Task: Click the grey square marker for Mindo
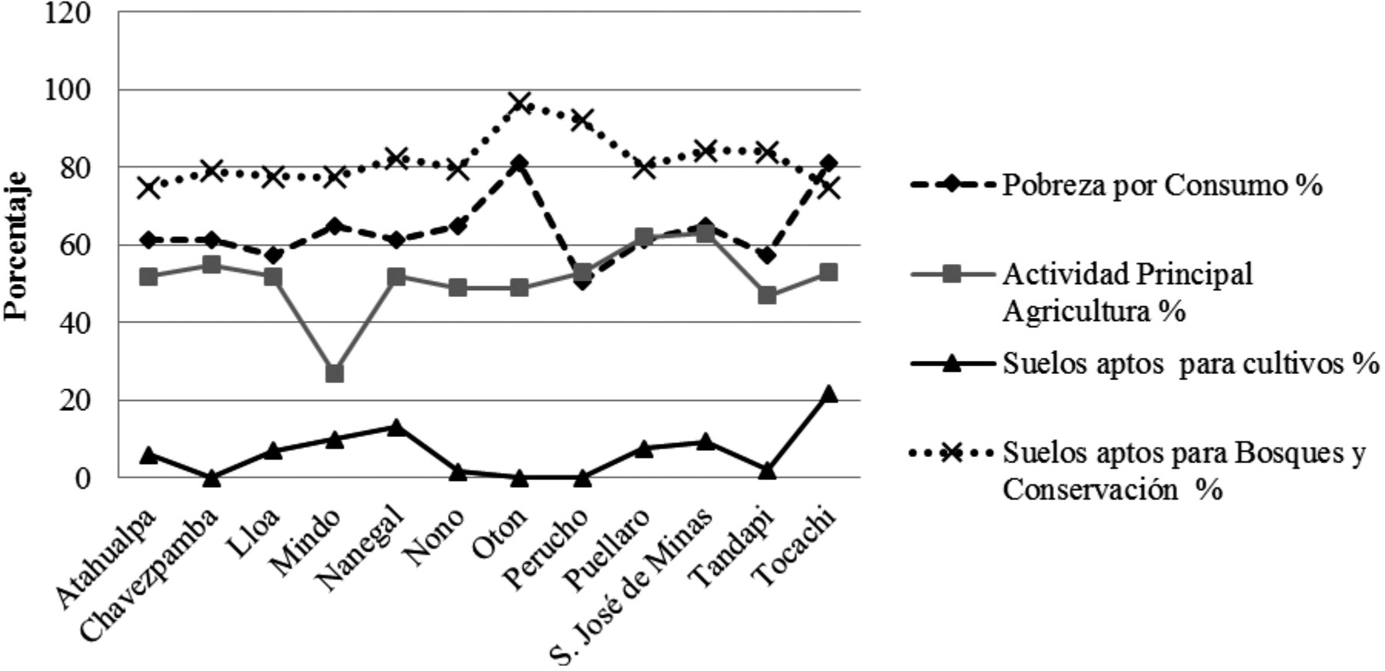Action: coord(335,373)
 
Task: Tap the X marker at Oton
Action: coord(520,103)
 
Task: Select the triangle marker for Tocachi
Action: coord(829,395)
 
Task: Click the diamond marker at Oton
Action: coord(520,164)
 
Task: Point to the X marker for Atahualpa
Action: coord(149,187)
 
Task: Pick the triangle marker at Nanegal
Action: coord(396,427)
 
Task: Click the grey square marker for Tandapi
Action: coord(767,295)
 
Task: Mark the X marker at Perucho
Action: coord(582,120)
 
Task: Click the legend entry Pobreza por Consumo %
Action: coord(1162,185)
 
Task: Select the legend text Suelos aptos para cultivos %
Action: coord(1190,364)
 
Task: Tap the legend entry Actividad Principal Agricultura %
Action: coord(1127,292)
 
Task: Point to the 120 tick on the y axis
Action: coord(68,13)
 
